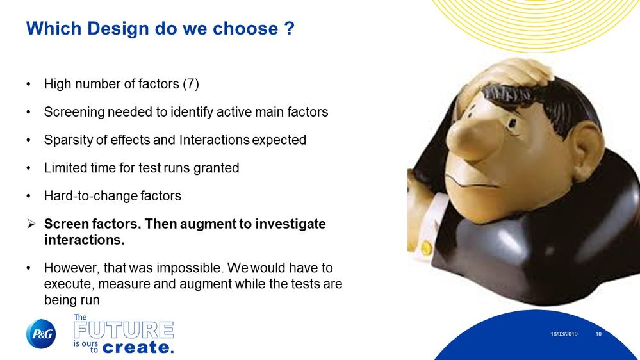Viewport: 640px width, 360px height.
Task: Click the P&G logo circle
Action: pos(41,334)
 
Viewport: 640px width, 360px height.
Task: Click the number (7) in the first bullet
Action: pos(191,84)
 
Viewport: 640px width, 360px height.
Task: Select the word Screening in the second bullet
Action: pos(74,112)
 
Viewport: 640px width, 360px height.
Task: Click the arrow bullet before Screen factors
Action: pos(31,224)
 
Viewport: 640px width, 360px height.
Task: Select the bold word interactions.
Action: pos(85,240)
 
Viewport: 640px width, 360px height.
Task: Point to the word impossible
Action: pos(191,268)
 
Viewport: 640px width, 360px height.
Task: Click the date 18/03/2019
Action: pos(564,334)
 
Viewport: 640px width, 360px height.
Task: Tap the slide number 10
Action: pos(598,334)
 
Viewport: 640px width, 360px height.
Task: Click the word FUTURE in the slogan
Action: pos(124,330)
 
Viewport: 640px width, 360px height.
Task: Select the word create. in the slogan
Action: pos(138,347)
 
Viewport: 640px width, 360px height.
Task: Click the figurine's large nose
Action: pos(470,136)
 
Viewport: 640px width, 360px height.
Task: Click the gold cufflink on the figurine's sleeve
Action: pos(427,248)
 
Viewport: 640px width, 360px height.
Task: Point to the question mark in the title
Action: pos(289,29)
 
